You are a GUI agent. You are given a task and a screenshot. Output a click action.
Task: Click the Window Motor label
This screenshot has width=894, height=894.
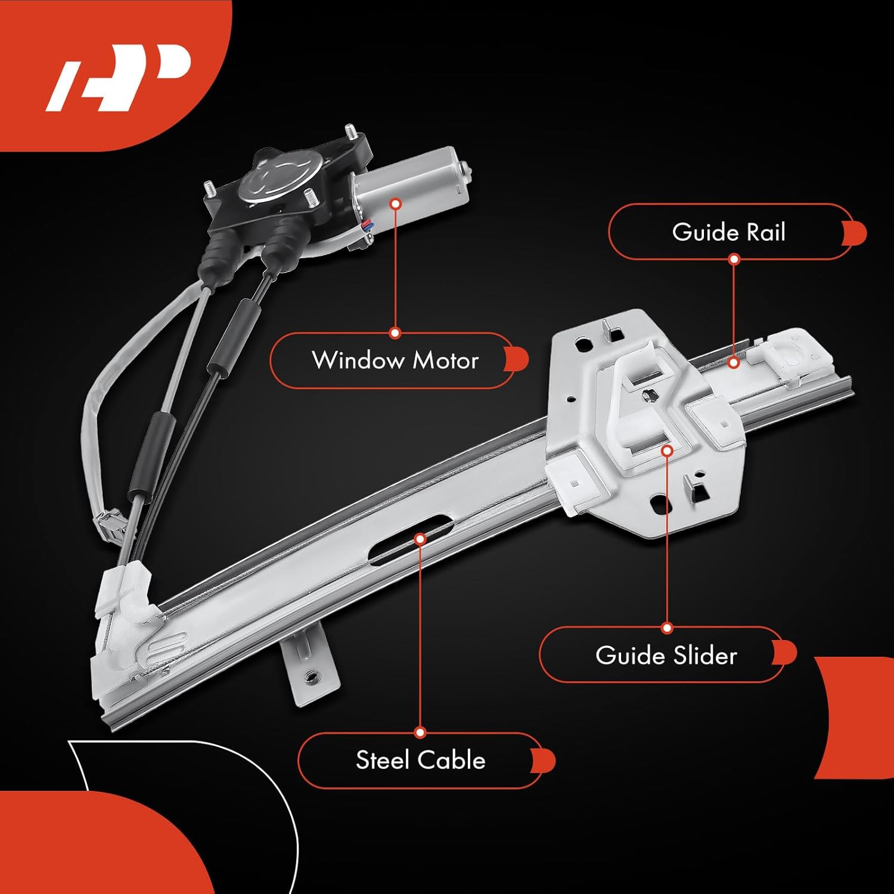(395, 360)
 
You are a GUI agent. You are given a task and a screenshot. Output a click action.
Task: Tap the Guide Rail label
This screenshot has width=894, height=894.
(728, 232)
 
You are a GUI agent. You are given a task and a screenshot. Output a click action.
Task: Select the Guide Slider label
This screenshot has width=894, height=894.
(666, 655)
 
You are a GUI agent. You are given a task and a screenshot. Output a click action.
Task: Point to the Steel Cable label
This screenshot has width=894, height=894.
(420, 760)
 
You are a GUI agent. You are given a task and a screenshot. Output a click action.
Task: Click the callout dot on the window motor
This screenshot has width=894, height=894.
(395, 203)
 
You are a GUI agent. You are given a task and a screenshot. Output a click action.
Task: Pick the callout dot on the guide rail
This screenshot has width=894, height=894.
(734, 362)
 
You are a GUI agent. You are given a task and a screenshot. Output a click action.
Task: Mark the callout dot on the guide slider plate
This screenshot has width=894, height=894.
(667, 451)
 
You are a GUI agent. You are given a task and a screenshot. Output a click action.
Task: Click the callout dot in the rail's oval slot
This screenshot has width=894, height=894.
(420, 539)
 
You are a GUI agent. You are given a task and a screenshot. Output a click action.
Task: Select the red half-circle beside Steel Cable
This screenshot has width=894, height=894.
(543, 761)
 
